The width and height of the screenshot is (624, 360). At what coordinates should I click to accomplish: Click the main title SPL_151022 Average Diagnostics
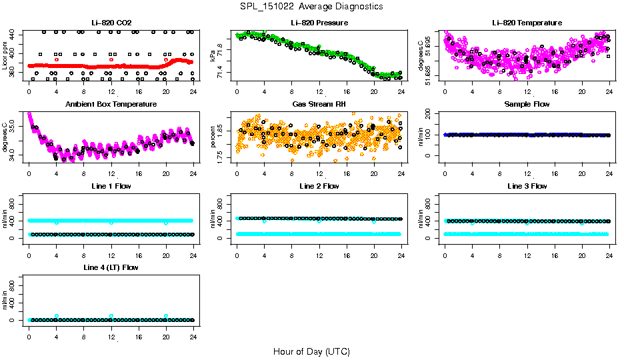coord(312,6)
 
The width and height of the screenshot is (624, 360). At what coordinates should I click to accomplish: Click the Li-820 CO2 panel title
coord(111,23)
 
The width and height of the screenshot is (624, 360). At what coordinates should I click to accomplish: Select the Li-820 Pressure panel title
coord(319,23)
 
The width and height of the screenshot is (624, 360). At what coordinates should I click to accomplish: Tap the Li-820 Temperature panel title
coord(527,23)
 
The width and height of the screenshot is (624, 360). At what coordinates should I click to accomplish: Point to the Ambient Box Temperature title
coord(111,104)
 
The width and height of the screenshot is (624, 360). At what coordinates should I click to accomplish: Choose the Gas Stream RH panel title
coord(319,104)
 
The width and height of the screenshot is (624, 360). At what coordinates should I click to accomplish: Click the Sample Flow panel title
coord(527,104)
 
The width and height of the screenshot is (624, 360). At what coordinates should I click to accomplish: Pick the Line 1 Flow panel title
coord(111,186)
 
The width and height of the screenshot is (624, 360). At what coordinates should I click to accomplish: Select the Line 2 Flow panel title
coord(319,186)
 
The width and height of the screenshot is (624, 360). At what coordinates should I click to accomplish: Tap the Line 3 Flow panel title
coord(527,186)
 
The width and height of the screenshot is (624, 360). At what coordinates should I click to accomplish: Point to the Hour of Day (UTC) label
coord(311,351)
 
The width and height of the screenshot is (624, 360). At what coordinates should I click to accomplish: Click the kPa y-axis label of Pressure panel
coord(213,55)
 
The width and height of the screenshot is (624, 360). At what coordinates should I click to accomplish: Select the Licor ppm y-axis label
coord(5,55)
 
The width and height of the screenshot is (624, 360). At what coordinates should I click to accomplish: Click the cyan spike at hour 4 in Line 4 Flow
coord(57,316)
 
